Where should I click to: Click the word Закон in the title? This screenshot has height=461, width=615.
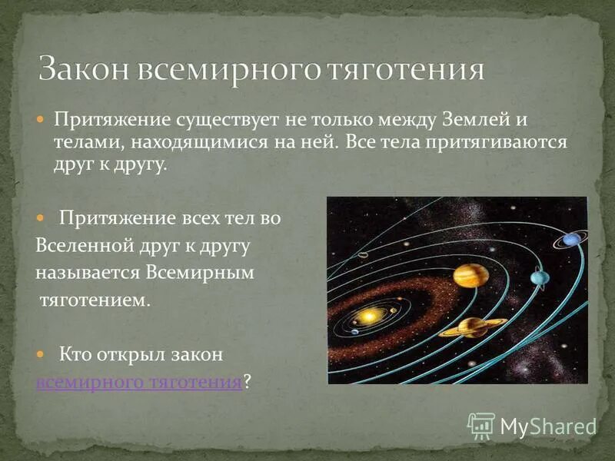[85, 70]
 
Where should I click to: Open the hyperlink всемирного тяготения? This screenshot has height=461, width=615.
[139, 382]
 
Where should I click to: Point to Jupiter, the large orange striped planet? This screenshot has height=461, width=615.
[470, 275]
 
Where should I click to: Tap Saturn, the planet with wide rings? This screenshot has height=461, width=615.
[472, 327]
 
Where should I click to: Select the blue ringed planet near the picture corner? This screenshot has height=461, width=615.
[570, 240]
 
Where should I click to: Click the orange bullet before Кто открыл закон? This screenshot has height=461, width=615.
[42, 356]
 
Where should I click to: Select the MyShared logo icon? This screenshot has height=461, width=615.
[481, 425]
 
